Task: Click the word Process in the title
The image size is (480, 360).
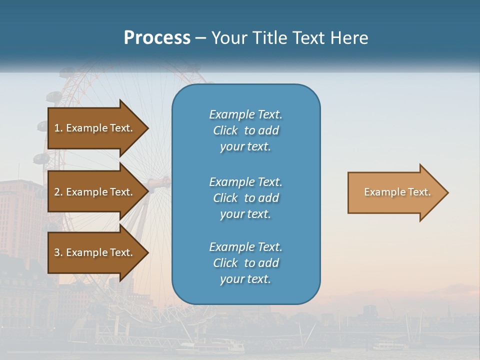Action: click(x=157, y=38)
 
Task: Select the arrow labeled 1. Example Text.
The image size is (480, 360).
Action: click(x=95, y=128)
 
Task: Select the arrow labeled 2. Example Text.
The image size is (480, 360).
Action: click(x=95, y=192)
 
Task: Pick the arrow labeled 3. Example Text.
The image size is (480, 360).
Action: click(x=95, y=252)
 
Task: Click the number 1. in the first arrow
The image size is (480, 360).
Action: click(x=58, y=128)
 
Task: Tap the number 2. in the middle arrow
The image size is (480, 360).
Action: click(x=58, y=192)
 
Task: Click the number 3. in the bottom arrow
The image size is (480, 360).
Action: click(x=58, y=252)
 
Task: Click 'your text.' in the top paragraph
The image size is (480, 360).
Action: click(x=245, y=147)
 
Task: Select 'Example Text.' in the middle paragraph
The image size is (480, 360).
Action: click(x=245, y=181)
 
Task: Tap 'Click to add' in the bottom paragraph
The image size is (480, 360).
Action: click(x=245, y=263)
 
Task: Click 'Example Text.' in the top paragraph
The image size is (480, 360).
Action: click(x=245, y=114)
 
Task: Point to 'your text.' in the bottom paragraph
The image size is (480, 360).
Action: click(x=245, y=279)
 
